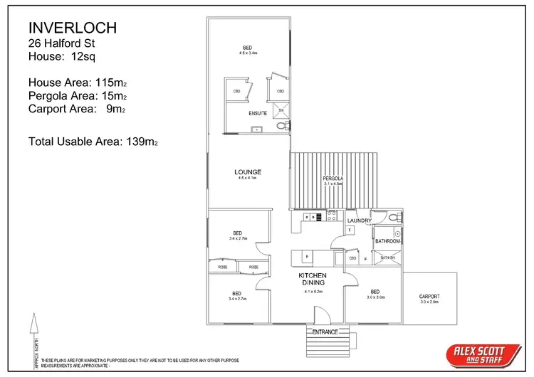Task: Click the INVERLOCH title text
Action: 72,28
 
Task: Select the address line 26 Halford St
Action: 60,43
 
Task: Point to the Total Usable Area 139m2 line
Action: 93,142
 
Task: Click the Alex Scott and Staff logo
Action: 481,354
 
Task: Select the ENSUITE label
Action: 258,113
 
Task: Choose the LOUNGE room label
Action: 248,172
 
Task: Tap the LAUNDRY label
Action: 360,221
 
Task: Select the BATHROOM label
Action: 388,241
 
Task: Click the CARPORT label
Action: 429,297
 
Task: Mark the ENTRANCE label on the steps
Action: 325,332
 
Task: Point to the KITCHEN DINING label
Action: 313,280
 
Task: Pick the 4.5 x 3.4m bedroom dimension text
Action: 247,53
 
